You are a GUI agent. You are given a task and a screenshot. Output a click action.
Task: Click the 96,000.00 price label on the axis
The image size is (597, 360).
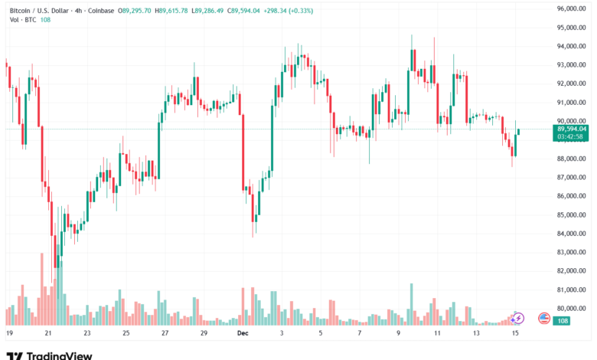571,8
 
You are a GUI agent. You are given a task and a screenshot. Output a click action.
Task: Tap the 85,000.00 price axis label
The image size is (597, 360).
571,195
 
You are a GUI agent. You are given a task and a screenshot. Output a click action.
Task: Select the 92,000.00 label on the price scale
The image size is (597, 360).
571,83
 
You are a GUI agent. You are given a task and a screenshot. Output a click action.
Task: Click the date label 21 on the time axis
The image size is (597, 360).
48,334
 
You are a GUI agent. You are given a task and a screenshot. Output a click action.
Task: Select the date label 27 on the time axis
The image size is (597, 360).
165,334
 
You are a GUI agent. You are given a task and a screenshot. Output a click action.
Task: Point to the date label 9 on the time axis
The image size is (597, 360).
398,334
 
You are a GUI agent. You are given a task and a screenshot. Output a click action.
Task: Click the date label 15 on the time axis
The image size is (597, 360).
515,334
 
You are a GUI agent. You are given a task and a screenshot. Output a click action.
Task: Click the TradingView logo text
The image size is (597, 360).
60,355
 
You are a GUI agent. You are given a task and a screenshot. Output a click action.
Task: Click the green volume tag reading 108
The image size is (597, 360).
562,321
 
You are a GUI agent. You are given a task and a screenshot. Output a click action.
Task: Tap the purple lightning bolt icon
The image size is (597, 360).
518,318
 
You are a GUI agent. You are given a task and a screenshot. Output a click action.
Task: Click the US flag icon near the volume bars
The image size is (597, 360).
543,318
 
